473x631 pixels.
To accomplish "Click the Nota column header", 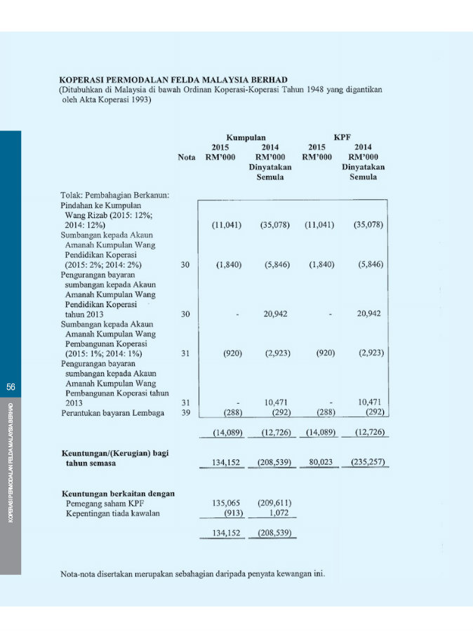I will pos(187,158).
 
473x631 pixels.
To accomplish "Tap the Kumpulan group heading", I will pos(246,138).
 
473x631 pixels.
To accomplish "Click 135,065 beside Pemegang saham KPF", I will pos(227,503).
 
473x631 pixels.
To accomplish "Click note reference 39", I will pos(186,413).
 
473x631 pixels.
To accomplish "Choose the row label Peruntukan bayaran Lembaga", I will pos(112,413).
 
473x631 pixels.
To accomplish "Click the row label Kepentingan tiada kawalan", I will pos(112,513).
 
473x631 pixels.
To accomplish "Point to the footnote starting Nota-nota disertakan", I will pos(192,575).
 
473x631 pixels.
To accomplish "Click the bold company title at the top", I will pos(173,80).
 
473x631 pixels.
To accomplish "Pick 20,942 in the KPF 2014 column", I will pos(368,314).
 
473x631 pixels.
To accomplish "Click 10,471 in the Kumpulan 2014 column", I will pos(277,402).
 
